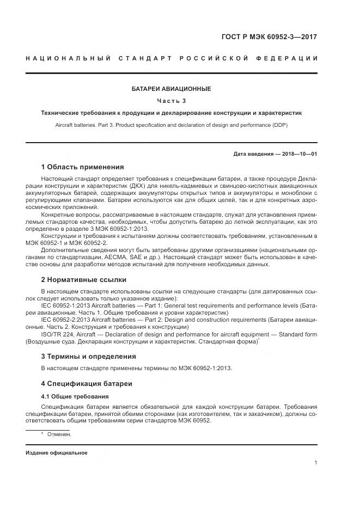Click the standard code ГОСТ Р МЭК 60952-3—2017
point(269,37)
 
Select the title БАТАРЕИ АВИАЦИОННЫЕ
point(171,89)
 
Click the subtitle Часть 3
point(171,101)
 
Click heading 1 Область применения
point(82,167)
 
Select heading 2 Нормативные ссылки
point(83,279)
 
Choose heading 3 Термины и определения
point(88,357)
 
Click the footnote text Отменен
point(59,434)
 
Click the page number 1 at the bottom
point(316,463)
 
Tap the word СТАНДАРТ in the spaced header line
point(141,58)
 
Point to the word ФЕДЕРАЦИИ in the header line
point(286,58)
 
